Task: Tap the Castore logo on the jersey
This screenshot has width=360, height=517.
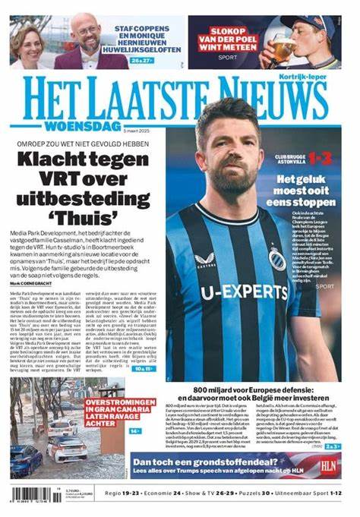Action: click(205, 260)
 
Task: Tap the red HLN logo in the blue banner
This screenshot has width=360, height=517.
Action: click(328, 465)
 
